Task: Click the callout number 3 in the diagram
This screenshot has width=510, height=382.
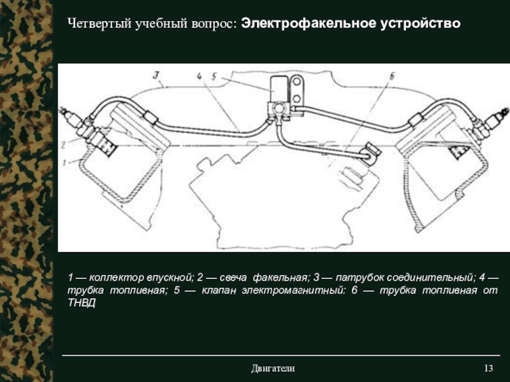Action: pos(156,75)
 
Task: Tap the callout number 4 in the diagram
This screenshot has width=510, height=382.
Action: pos(199,76)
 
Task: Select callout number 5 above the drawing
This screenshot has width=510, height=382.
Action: pos(214,76)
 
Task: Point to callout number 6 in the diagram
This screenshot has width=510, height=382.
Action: pos(391,76)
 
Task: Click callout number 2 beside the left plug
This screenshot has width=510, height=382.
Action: pos(64,145)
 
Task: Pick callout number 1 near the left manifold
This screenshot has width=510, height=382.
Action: pos(65,162)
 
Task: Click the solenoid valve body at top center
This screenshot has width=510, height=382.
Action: pos(279,88)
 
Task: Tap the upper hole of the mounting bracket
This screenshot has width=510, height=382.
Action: pos(296,81)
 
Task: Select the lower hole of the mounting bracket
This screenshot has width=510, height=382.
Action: pos(296,99)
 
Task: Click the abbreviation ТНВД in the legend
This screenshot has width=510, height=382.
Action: pos(82,303)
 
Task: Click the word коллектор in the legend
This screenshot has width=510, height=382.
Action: pos(116,278)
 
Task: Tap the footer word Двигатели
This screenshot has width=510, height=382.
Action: pos(273,369)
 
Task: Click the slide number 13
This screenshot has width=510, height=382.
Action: pos(488,369)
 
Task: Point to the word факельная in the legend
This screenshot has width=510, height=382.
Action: pos(280,278)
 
